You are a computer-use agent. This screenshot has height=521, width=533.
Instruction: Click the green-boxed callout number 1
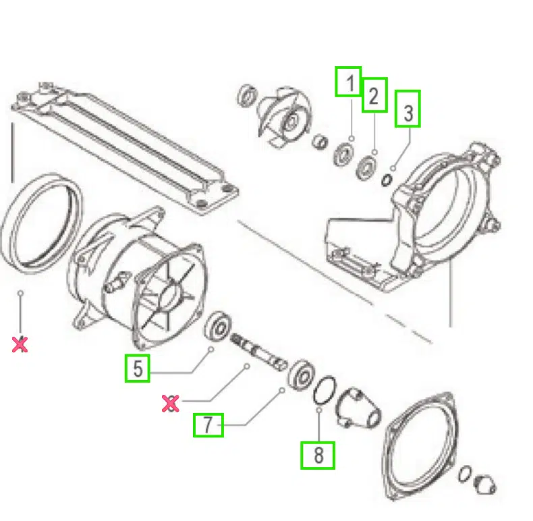point(348,82)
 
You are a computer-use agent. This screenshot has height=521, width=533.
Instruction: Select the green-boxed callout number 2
point(374,95)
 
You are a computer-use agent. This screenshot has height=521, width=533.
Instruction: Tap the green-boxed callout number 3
point(408,109)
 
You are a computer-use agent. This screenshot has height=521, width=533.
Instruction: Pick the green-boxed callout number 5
point(138,368)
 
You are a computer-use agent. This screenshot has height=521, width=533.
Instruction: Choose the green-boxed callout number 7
point(208,425)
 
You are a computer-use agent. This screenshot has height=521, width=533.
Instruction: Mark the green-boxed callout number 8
point(318,456)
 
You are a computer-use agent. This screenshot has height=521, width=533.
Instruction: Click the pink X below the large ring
point(20,344)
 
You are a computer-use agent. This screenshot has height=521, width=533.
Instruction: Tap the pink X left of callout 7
point(170,404)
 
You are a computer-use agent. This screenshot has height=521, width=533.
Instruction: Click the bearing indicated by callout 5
point(218,326)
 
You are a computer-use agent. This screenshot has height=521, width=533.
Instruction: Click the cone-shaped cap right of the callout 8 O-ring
point(358,408)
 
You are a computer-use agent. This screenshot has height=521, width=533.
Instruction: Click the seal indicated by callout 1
point(343,155)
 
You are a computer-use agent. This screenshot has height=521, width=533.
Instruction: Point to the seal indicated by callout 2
point(366,167)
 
